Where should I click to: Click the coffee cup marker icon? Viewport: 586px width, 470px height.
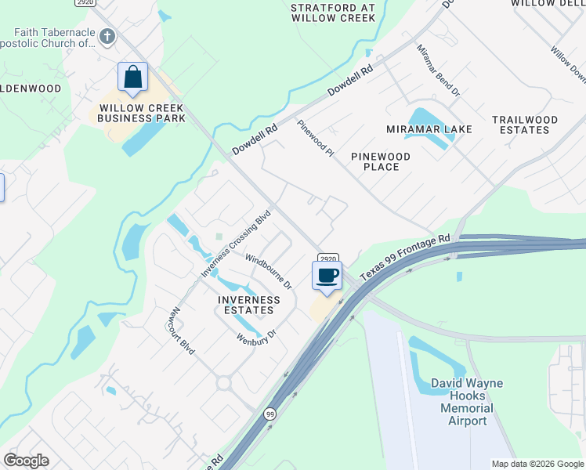click(x=327, y=276)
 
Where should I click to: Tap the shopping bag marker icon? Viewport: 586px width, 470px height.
click(x=133, y=77)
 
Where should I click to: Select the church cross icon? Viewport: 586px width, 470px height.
click(x=107, y=36)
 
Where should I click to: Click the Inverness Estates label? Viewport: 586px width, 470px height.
click(x=248, y=305)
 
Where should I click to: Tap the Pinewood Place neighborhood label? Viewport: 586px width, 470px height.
click(x=381, y=161)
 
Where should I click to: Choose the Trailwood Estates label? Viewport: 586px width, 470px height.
click(x=525, y=125)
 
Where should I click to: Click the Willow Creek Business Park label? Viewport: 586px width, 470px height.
click(x=141, y=113)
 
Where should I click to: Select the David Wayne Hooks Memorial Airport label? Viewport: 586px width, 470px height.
click(x=466, y=402)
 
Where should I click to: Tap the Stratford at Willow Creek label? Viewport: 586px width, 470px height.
click(x=334, y=12)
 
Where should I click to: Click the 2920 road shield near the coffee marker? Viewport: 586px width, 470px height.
click(x=327, y=258)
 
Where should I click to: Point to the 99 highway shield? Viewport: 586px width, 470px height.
click(x=270, y=413)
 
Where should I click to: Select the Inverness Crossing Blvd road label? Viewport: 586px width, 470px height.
click(x=236, y=243)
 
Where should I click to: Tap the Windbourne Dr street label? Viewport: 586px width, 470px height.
click(x=268, y=270)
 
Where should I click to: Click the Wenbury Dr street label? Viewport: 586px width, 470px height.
click(x=258, y=337)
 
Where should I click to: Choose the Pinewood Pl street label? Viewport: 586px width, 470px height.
click(x=315, y=138)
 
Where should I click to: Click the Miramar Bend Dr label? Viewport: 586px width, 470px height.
click(x=438, y=70)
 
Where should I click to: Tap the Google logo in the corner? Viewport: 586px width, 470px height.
click(x=26, y=461)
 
